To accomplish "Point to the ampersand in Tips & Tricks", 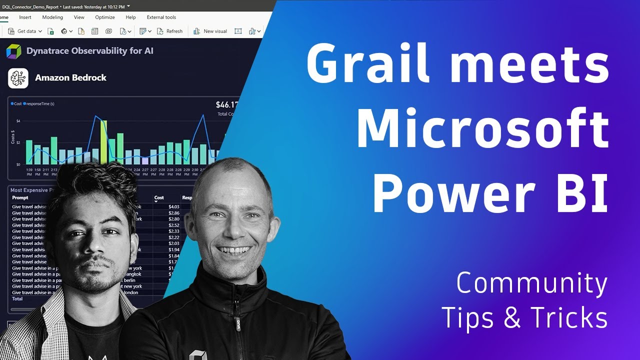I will pyautogui.click(x=512, y=318).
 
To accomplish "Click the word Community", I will pyautogui.click(x=531, y=284).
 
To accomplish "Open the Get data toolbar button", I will pyautogui.click(x=25, y=31).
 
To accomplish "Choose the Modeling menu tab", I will pyautogui.click(x=52, y=17).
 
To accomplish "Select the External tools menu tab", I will pyautogui.click(x=161, y=17).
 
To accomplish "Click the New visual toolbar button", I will pyautogui.click(x=210, y=31).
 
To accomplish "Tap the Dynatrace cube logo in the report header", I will pyautogui.click(x=13, y=51).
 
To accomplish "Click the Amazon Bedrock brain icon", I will pyautogui.click(x=17, y=78).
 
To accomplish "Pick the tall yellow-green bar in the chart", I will pyautogui.click(x=103, y=142).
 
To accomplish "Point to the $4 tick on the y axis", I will pyautogui.click(x=18, y=121).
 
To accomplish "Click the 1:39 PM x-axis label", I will pyautogui.click(x=29, y=172).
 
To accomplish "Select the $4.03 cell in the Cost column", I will pyautogui.click(x=173, y=206).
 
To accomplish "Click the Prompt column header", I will pyautogui.click(x=20, y=197).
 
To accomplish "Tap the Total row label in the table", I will pyautogui.click(x=17, y=298).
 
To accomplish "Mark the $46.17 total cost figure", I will pyautogui.click(x=226, y=105).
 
